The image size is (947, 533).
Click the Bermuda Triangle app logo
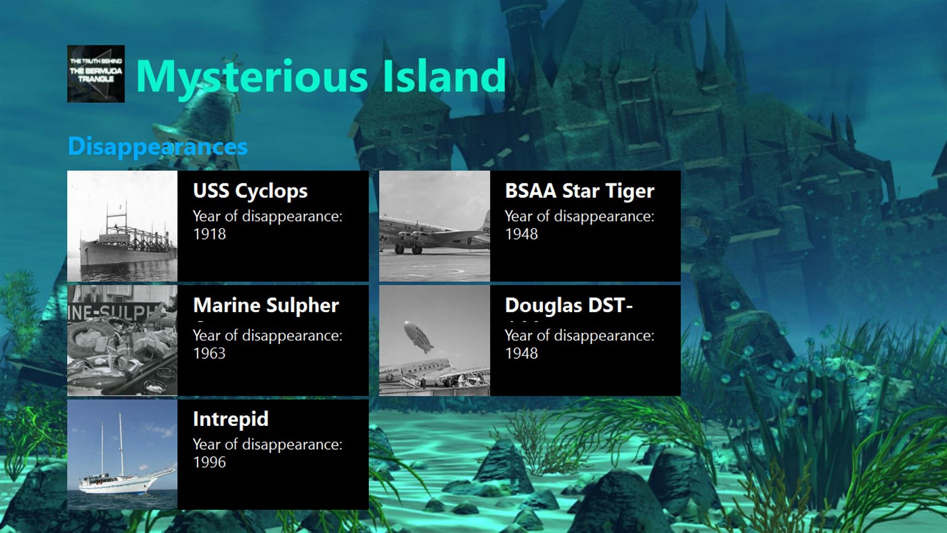tap(95, 74)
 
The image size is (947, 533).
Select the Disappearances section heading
tap(158, 146)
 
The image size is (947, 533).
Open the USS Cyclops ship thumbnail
tap(123, 226)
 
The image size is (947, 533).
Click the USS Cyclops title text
tap(250, 191)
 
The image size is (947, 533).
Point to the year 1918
tap(209, 234)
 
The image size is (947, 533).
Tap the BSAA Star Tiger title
tap(579, 191)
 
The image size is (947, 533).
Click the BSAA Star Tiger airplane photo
tap(435, 226)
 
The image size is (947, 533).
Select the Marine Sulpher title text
tap(265, 305)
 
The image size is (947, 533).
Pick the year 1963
tap(209, 354)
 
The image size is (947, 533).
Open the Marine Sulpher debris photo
tap(123, 341)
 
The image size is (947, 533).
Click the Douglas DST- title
tap(569, 305)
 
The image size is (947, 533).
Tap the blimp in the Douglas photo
tap(418, 337)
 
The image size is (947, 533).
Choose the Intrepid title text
tap(230, 419)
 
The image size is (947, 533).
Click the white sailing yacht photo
tap(123, 454)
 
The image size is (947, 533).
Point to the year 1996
tap(209, 463)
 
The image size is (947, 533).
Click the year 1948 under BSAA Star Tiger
tap(521, 234)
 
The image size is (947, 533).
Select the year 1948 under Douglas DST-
tap(521, 354)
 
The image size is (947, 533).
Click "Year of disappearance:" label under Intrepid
tap(267, 444)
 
